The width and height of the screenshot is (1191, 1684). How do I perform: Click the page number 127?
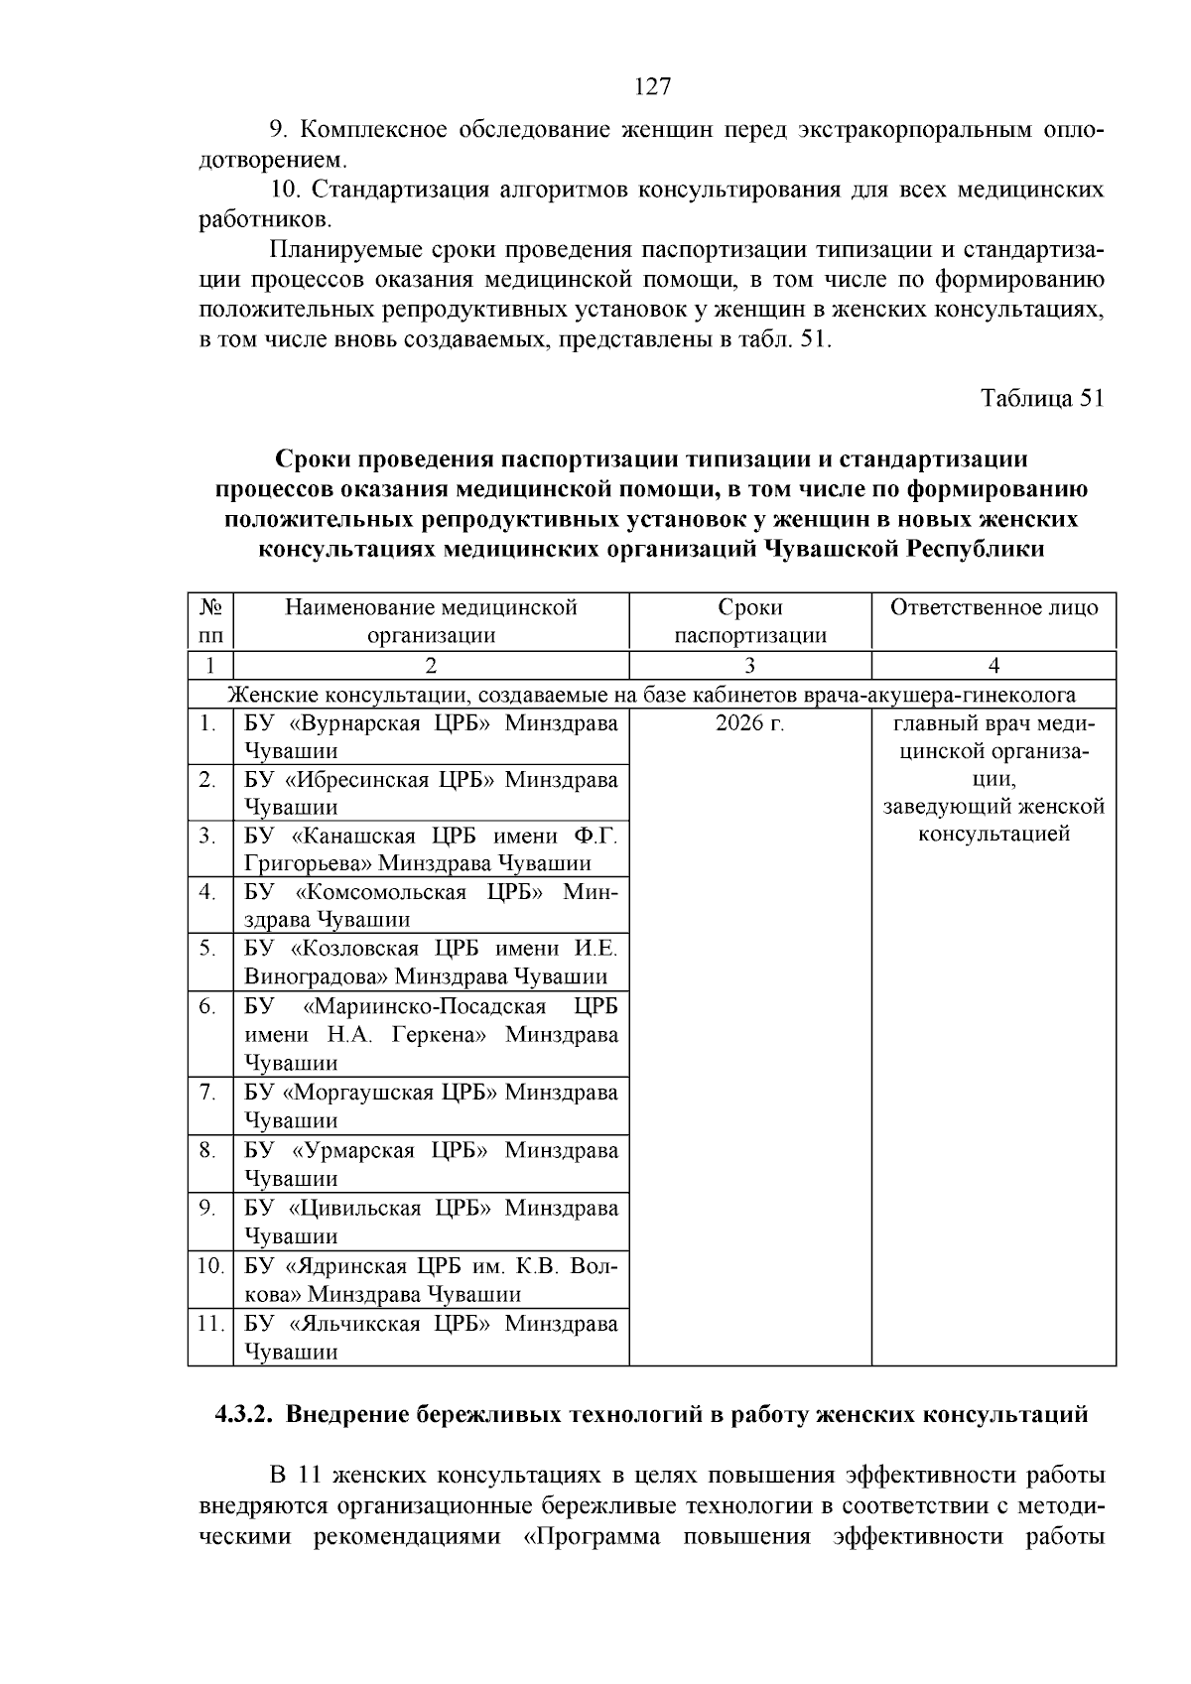click(652, 87)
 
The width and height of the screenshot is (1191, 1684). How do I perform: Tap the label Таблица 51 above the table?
click(1042, 399)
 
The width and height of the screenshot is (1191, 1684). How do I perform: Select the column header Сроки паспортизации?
click(750, 621)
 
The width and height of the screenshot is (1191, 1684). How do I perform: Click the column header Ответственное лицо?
click(993, 607)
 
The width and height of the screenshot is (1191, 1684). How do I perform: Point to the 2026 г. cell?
click(750, 723)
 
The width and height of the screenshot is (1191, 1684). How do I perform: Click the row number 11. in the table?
click(208, 1324)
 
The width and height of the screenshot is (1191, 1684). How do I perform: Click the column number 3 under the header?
click(750, 666)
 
